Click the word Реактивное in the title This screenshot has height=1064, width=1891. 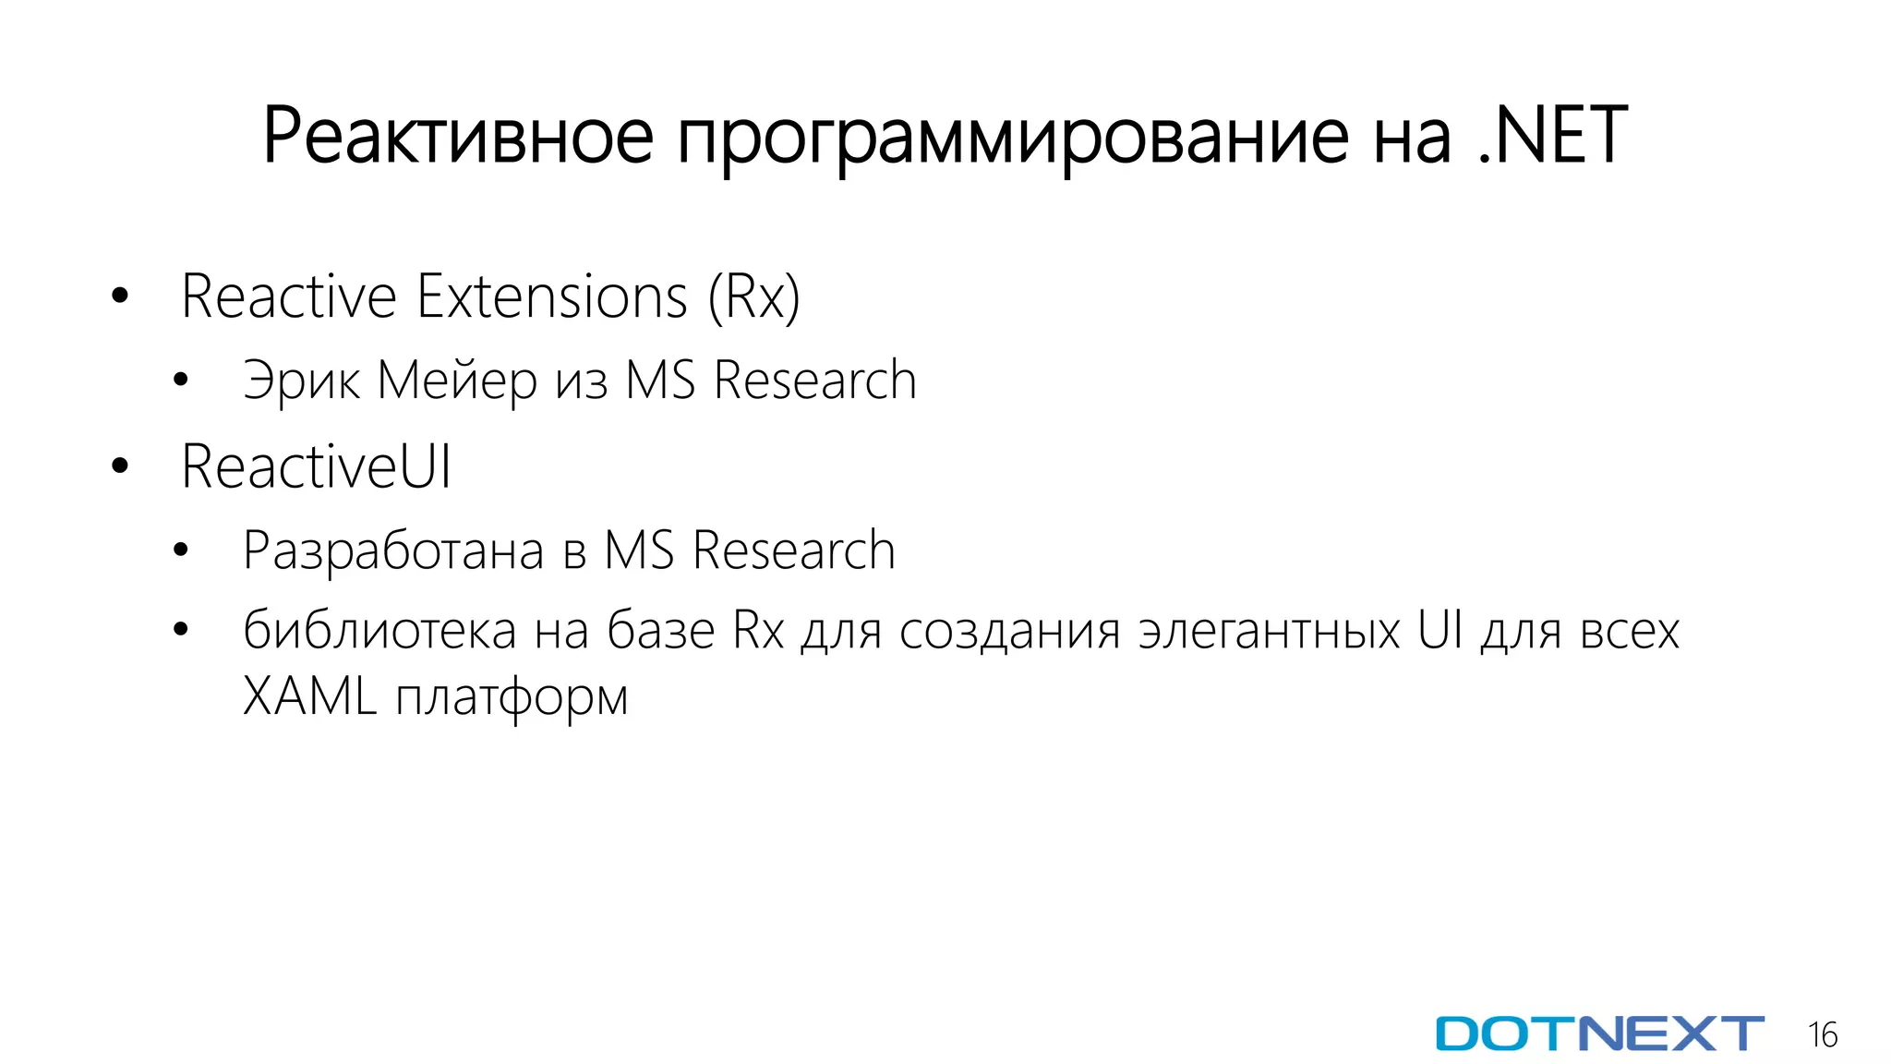click(458, 136)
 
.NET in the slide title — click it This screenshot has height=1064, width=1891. click(1552, 136)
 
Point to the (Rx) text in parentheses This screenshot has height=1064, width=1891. click(753, 298)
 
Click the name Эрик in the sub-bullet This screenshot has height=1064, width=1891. click(301, 381)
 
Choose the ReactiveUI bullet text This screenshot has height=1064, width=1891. click(316, 466)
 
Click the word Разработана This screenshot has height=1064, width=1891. click(393, 551)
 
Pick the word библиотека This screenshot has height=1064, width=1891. click(379, 631)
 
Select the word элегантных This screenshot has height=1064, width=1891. click(1270, 632)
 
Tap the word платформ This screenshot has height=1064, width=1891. click(512, 698)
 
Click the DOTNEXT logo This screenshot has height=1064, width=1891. click(1599, 1034)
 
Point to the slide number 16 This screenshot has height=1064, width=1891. click(1823, 1034)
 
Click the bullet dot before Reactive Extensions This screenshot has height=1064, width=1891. click(119, 296)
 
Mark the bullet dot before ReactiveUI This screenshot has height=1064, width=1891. click(119, 466)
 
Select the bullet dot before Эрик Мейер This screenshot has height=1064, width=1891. click(181, 380)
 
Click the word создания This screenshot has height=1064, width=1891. click(1009, 632)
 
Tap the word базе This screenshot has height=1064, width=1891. click(660, 631)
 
